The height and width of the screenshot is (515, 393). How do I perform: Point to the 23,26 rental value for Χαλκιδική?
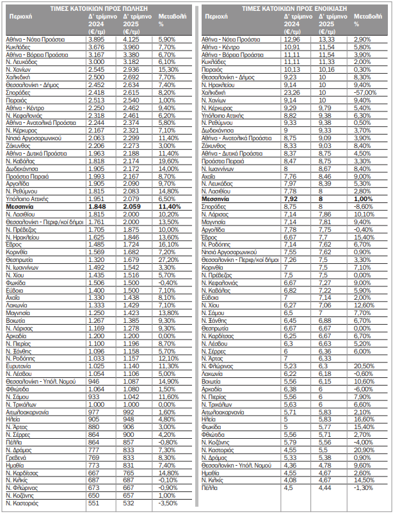coord(291,92)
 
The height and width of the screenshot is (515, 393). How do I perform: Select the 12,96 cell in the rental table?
coord(291,40)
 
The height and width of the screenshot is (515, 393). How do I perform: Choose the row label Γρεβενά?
coord(18,458)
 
